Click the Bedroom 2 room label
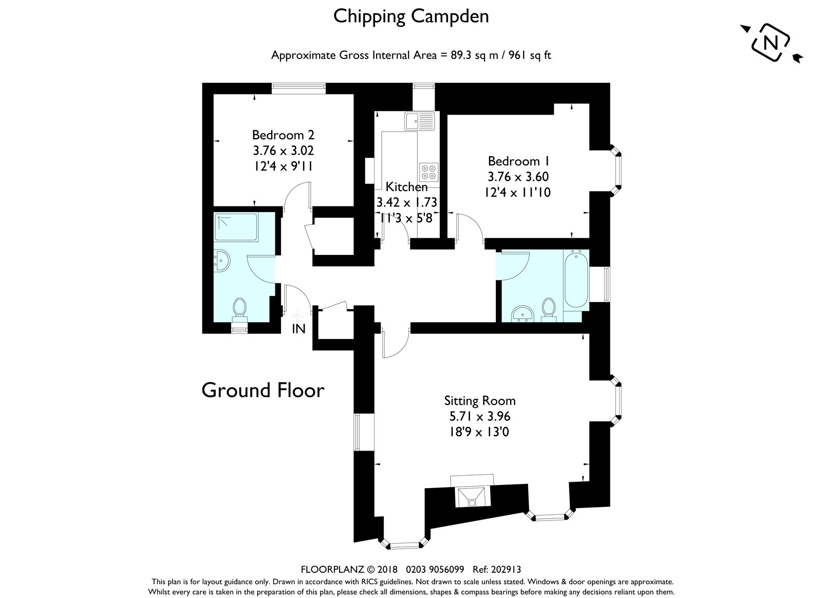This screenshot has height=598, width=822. coord(283,135)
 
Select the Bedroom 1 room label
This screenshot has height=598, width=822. coord(518,161)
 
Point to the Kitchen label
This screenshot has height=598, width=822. coord(406,186)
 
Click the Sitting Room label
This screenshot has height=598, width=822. coord(480,400)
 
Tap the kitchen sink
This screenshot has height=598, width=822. coord(419,121)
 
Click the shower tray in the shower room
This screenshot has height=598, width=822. coord(236,227)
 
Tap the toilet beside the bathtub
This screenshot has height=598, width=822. coord(549,310)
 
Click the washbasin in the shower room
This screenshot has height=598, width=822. coord(221,260)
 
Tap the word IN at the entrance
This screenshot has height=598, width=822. coord(298,329)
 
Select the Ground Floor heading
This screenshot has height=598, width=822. coord(263,390)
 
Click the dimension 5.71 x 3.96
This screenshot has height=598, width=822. coord(480,416)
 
